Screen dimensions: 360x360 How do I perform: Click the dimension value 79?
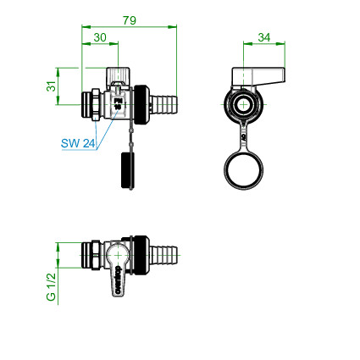[x=130, y=20]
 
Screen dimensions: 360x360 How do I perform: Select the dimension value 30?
[x=100, y=37]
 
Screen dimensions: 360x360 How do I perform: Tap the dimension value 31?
[x=51, y=86]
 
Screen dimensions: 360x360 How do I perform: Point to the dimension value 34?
[x=264, y=37]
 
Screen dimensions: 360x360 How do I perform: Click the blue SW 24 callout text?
[x=78, y=143]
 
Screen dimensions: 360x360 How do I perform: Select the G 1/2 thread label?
[x=51, y=287]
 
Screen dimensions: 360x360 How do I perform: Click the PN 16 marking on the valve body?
[x=118, y=104]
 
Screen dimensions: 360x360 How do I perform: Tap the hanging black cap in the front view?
[x=128, y=170]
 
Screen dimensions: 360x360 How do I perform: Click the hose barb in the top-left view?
[x=163, y=104]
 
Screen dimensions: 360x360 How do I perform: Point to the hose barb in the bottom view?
[x=163, y=255]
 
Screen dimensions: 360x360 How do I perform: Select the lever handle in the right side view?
[x=258, y=76]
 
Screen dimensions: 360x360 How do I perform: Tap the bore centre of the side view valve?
[x=243, y=105]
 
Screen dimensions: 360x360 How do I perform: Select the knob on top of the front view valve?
[x=118, y=76]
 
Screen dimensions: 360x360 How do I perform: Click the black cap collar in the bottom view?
[x=140, y=255]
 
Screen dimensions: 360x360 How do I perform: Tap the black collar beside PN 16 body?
[x=141, y=104]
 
